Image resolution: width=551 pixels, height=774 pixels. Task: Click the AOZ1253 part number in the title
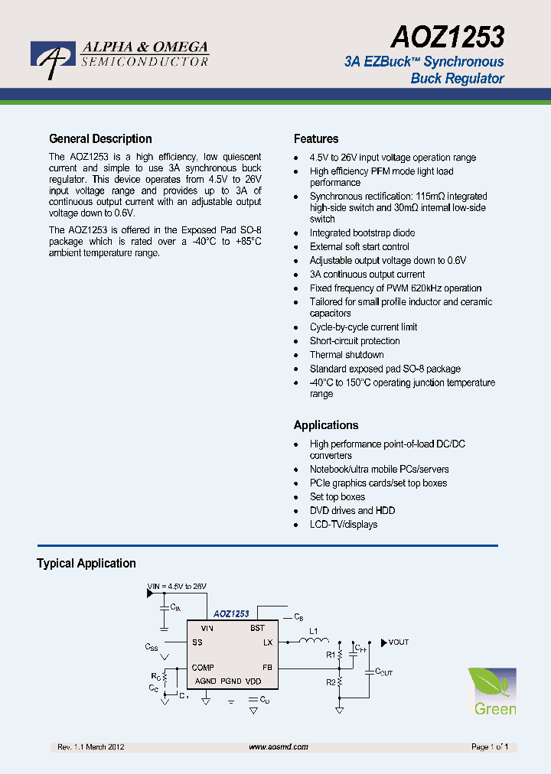448,36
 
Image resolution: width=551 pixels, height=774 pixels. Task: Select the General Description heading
100,138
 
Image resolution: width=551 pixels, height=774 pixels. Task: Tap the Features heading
316,138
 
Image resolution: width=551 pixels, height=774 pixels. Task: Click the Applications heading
326,425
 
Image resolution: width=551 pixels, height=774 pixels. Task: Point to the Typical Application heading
86,564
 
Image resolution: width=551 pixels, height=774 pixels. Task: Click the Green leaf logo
492,691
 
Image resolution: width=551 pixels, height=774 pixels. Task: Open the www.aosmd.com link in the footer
279,746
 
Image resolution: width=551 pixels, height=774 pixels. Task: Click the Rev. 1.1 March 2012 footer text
91,746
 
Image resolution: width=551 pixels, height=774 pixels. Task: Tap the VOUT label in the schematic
398,642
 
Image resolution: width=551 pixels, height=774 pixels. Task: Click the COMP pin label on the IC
203,668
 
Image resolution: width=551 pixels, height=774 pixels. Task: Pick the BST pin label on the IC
257,628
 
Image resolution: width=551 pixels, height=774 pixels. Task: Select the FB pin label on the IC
267,668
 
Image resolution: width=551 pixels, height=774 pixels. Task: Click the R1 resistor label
331,655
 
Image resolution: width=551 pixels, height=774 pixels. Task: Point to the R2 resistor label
331,681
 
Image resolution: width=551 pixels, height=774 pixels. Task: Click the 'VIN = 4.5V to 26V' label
178,587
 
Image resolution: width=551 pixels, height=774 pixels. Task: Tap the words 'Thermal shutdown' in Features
347,355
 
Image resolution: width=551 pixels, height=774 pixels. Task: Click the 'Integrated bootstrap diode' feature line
362,233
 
